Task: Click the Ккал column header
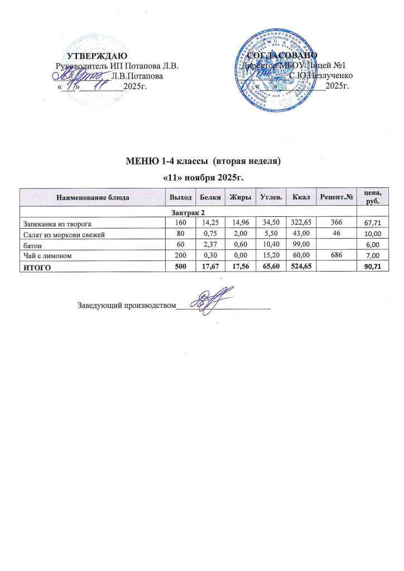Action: pyautogui.click(x=301, y=197)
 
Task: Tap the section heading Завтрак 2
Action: pyautogui.click(x=187, y=212)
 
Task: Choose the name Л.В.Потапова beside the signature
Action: pyautogui.click(x=137, y=75)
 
